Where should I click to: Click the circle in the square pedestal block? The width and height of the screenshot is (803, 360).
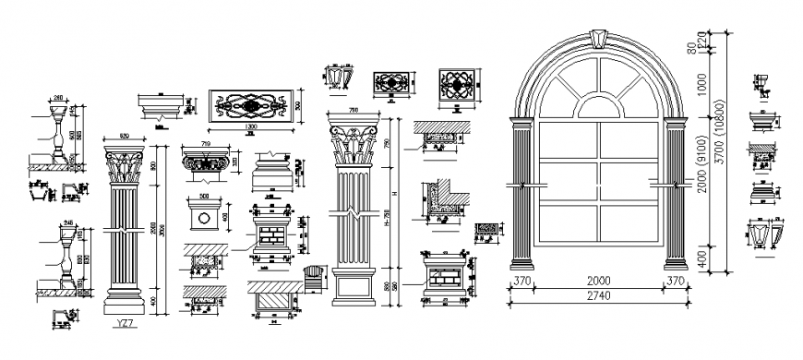click(x=202, y=222)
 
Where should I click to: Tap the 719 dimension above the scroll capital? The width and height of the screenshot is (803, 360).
click(x=205, y=146)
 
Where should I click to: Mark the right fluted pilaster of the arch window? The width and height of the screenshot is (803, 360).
click(x=672, y=198)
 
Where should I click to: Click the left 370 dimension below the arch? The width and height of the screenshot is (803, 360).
click(x=522, y=281)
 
